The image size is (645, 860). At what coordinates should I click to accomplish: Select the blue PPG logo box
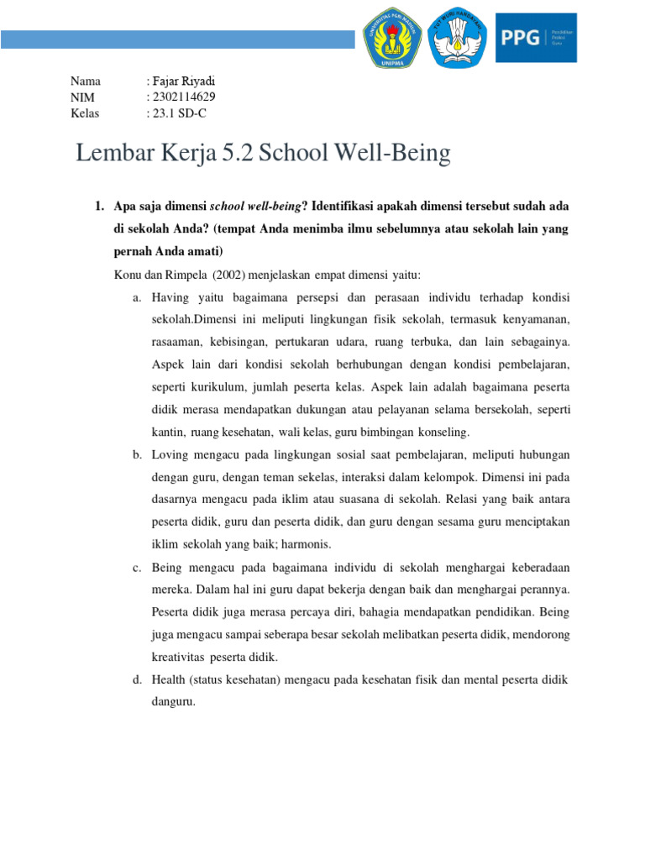(536, 38)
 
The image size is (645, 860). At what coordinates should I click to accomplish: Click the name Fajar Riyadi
(182, 81)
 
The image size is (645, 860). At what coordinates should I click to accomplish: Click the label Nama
(86, 81)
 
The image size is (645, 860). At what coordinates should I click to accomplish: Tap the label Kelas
(86, 113)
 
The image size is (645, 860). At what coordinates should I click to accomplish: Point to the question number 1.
(97, 206)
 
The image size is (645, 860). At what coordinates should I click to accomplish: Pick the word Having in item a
(172, 297)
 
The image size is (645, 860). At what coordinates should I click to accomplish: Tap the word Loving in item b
(171, 454)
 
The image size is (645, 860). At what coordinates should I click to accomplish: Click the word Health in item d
(170, 679)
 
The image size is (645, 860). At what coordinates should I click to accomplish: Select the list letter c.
(135, 567)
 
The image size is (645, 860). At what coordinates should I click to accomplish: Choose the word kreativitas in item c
(178, 657)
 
